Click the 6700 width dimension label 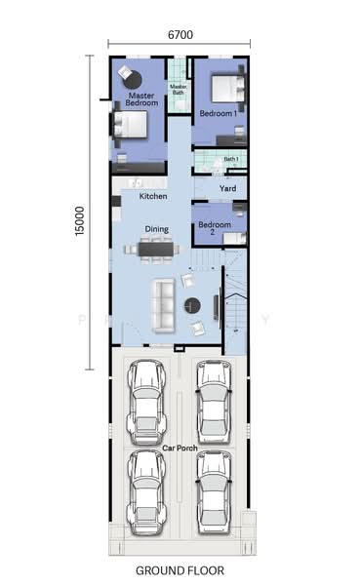tap(180, 35)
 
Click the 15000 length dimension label tap(80, 221)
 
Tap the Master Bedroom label tap(141, 99)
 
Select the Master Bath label tap(179, 89)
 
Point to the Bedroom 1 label tap(219, 113)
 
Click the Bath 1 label tap(231, 159)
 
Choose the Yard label tap(227, 188)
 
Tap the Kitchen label tap(153, 196)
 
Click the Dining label tap(157, 229)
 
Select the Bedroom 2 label tap(215, 228)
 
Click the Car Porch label tap(180, 448)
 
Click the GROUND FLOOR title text tap(180, 570)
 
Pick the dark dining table tap(156, 250)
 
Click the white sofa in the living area tap(163, 305)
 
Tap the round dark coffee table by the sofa tap(192, 305)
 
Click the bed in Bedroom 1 tap(227, 89)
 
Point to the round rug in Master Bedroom tap(133, 80)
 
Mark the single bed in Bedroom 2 tap(235, 238)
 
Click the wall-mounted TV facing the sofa tap(216, 307)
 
